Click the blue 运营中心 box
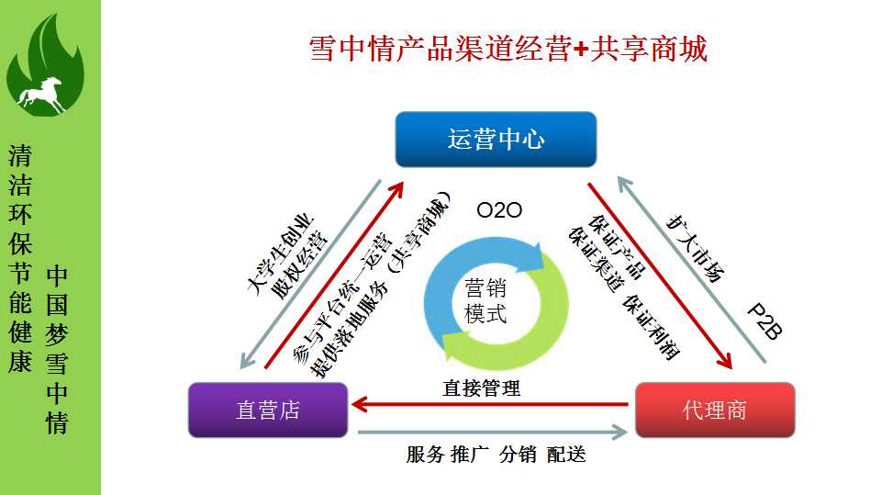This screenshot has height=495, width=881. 496,139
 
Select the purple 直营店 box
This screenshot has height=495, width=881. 268,410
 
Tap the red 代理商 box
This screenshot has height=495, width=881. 714,410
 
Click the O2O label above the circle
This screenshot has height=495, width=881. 499,210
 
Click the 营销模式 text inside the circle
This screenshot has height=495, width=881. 485,299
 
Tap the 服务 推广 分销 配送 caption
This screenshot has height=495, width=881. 496,455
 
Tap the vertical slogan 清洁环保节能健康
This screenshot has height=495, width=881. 20,258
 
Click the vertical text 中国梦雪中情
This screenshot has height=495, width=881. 57,349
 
